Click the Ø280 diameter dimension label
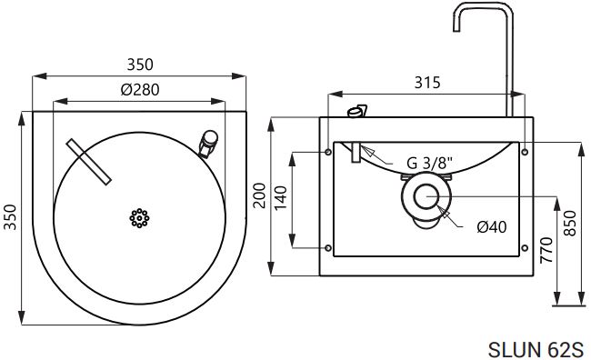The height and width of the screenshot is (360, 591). tap(140, 90)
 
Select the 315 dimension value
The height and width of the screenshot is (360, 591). tap(427, 83)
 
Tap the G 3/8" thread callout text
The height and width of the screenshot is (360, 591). tap(429, 164)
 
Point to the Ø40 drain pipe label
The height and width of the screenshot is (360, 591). tap(492, 227)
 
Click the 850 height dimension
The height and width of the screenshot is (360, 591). tap(570, 223)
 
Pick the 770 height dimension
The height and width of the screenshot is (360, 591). tap(546, 250)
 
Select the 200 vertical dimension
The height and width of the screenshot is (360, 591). tap(259, 195)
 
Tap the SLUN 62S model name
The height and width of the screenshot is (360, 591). tap(536, 349)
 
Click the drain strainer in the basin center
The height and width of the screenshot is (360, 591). tap(139, 218)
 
